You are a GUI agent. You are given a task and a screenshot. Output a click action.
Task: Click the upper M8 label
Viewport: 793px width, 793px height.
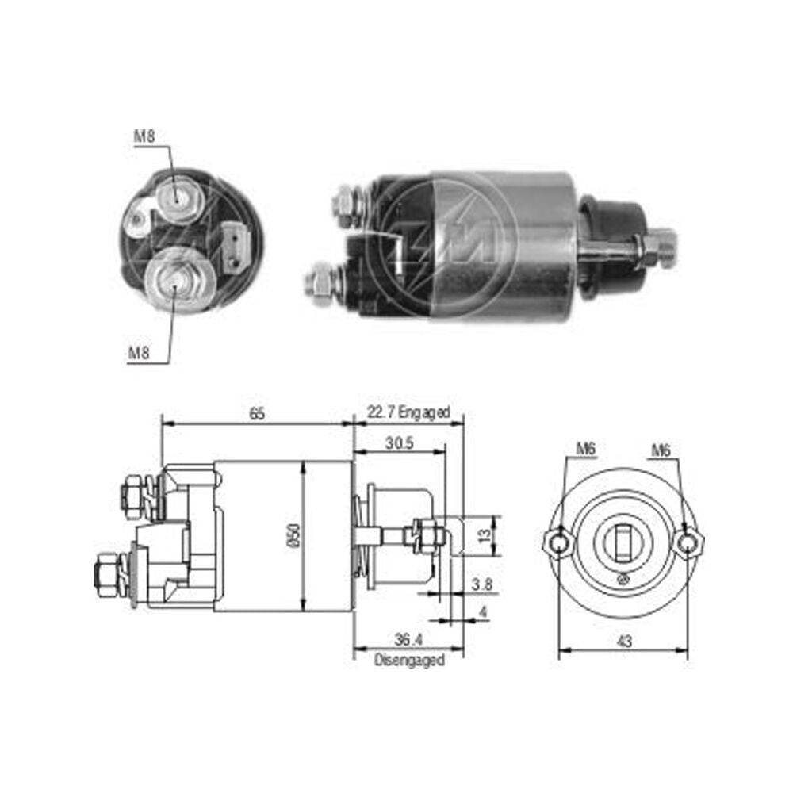tap(144, 136)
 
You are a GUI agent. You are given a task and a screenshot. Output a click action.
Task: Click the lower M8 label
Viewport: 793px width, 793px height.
tap(139, 353)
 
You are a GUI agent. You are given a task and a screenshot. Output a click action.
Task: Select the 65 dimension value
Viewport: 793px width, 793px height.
tap(257, 414)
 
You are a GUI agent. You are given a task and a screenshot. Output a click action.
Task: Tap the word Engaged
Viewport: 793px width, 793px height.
tap(423, 412)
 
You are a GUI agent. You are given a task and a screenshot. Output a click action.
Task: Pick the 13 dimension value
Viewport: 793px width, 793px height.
tap(485, 535)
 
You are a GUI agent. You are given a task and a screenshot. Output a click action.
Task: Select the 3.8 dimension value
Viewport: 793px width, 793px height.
tap(482, 584)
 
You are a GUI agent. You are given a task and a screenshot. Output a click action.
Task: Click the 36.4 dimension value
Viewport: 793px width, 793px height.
tap(408, 640)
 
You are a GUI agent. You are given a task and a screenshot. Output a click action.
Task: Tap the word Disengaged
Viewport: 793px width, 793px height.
tap(410, 660)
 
